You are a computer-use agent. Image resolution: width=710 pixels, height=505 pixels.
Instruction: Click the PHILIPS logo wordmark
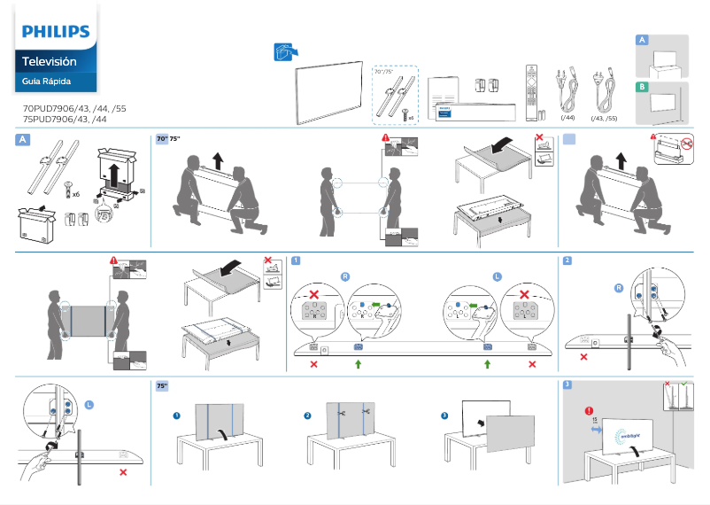[56, 33]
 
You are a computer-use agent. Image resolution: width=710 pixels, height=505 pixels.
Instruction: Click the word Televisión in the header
[49, 62]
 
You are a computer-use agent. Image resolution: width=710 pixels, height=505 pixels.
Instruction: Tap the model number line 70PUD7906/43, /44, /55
[74, 108]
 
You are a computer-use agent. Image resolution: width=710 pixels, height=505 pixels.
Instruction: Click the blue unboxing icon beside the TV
[283, 52]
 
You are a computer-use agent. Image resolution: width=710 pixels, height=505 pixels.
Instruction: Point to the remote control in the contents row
[531, 91]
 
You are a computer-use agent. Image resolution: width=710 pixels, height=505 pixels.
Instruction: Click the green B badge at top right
[643, 87]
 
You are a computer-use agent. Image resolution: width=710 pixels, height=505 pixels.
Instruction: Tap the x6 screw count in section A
[76, 192]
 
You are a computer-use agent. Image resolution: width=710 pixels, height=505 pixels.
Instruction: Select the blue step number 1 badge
[296, 260]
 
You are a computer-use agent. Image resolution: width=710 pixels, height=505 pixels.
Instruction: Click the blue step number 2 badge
[567, 260]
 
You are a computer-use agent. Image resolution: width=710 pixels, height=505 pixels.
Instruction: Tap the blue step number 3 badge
[567, 385]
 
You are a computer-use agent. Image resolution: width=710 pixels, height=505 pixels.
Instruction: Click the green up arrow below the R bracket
[358, 364]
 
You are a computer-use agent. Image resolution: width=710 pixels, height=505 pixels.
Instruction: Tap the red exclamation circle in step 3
[587, 410]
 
